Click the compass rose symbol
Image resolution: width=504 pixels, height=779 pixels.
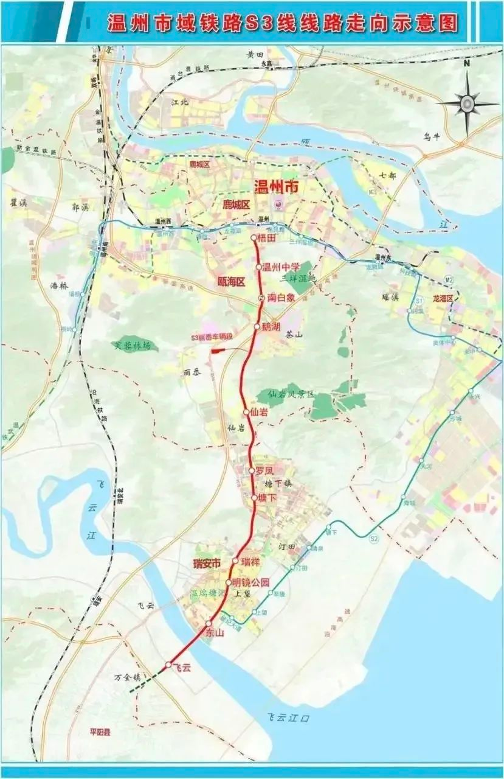click(466, 103)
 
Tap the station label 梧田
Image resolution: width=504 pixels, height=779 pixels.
click(267, 239)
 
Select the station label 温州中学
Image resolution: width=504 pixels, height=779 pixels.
click(281, 267)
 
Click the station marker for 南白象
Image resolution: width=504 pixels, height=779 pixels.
click(261, 298)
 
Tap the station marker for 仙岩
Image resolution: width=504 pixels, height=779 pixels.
click(246, 412)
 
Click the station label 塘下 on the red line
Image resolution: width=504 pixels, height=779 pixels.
click(268, 498)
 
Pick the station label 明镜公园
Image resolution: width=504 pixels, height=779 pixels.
click(250, 582)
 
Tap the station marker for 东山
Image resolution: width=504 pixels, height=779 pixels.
click(208, 624)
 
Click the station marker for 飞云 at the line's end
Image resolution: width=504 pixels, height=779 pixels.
click(168, 665)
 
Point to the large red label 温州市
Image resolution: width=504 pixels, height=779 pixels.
click(277, 187)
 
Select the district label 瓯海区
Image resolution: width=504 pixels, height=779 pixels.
click(231, 282)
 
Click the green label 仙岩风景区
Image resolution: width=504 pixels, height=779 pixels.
click(291, 394)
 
